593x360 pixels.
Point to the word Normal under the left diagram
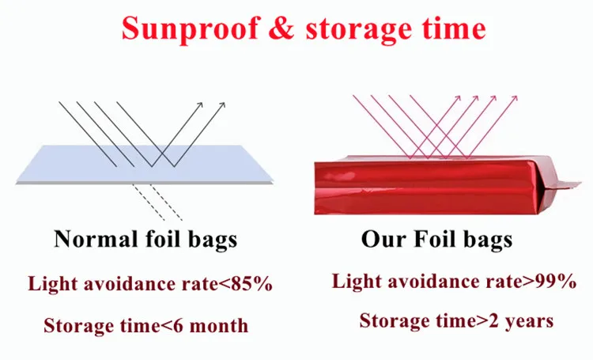[96, 239]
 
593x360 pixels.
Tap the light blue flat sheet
[145, 165]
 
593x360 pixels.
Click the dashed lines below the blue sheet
[157, 203]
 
